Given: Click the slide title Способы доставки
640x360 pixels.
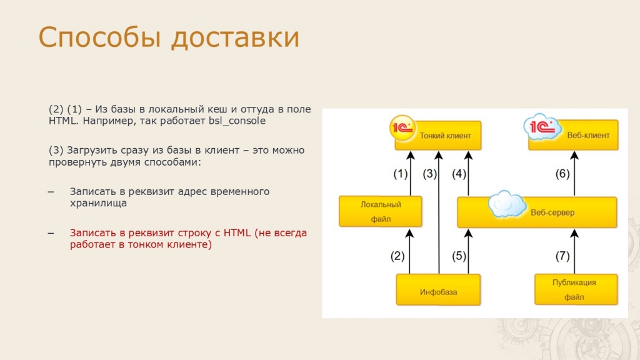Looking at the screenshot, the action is [x=169, y=37].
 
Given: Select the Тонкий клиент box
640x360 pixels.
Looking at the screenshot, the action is [x=438, y=136].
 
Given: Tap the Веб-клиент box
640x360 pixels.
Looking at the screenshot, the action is [x=573, y=135].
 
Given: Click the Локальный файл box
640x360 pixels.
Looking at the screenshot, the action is [x=381, y=211].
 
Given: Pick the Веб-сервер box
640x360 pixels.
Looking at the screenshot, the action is [x=537, y=212].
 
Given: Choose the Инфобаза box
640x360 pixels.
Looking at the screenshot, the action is [x=438, y=290].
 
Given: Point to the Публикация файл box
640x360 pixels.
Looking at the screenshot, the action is [x=576, y=289].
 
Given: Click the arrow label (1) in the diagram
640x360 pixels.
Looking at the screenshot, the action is [x=401, y=174].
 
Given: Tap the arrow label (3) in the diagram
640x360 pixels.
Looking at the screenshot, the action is [x=430, y=174].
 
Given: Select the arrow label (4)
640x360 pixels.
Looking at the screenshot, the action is [x=459, y=174].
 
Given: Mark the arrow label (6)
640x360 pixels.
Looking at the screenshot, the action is [x=562, y=174].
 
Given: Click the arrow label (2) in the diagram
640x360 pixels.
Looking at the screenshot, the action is [x=397, y=256].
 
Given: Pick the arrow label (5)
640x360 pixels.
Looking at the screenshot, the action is [x=459, y=256].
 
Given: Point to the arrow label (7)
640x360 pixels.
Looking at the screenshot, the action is [x=562, y=256].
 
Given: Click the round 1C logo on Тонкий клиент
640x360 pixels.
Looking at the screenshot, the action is [x=402, y=128].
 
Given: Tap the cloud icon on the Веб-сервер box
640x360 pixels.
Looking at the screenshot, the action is [x=507, y=204].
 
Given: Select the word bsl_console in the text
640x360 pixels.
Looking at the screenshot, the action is [x=237, y=121].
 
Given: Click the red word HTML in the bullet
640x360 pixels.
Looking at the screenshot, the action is [x=237, y=232].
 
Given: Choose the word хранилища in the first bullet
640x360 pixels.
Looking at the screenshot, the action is [x=98, y=203].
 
